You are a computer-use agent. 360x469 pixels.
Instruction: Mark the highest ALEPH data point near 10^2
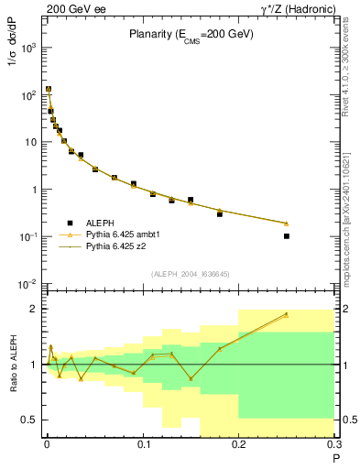[49, 90]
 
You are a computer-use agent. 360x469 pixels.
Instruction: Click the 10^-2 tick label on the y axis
[30, 284]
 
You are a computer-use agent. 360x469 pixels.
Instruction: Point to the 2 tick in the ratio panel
[35, 309]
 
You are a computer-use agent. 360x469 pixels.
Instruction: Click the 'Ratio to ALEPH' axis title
[12, 364]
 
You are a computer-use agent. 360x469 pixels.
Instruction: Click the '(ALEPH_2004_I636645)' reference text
[191, 275]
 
